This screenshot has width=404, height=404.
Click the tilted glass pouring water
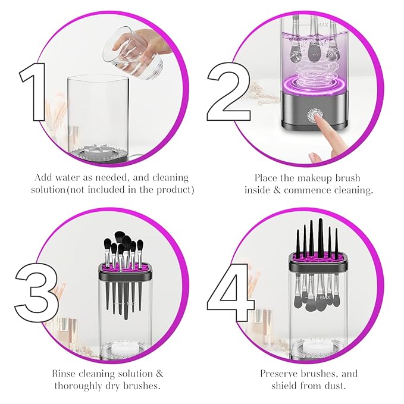(131, 51)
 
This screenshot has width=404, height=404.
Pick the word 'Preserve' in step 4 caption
(280, 374)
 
